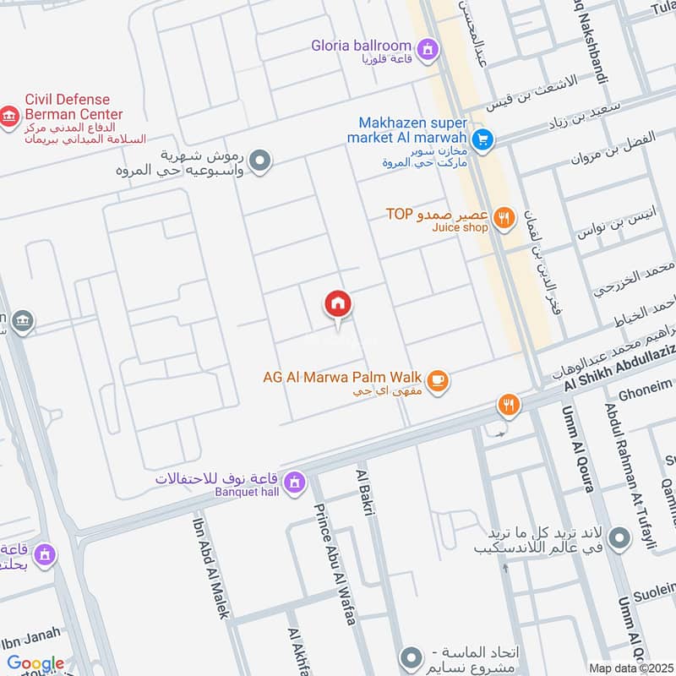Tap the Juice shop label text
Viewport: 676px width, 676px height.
click(460, 227)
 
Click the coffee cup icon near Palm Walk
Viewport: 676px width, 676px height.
click(438, 382)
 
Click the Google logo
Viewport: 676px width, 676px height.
click(35, 663)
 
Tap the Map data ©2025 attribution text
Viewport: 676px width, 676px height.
click(630, 668)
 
